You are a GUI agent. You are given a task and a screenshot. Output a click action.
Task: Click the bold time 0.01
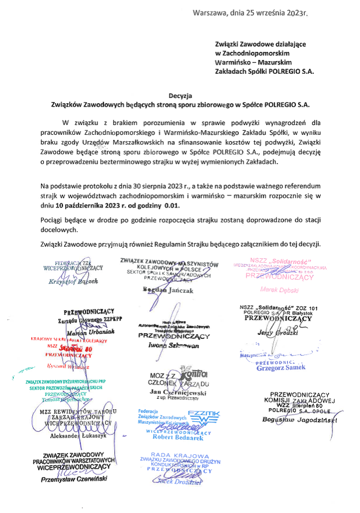pos(172,205)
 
